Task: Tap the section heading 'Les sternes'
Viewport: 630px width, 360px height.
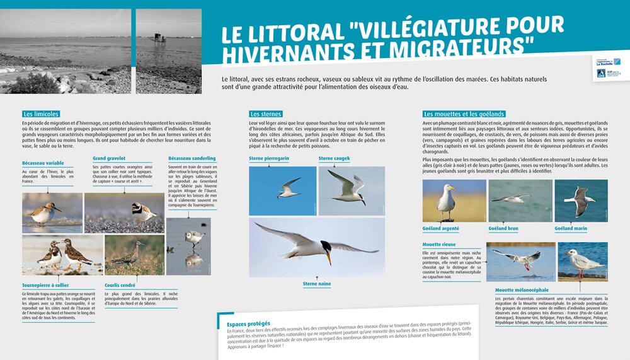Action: [x=265, y=114]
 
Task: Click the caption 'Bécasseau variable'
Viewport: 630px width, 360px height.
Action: [x=43, y=163]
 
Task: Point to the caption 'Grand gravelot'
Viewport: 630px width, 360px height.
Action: [x=108, y=158]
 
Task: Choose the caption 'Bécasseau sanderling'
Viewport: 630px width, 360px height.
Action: [x=192, y=158]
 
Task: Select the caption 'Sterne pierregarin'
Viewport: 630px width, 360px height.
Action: [x=269, y=158]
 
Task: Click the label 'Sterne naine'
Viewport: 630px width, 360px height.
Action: [x=317, y=284]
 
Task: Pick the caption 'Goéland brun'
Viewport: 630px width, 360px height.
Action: [x=504, y=228]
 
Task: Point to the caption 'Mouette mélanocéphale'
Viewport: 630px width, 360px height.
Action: [x=522, y=290]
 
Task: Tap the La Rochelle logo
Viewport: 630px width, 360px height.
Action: [x=604, y=62]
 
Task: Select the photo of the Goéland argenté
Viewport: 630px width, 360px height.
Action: [x=445, y=201]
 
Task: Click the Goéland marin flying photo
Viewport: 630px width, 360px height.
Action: [x=581, y=201]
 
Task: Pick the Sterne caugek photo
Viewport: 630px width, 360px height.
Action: [x=351, y=190]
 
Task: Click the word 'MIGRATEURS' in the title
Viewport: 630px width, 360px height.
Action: [x=460, y=47]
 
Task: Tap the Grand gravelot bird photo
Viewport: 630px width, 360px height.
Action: [x=124, y=212]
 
